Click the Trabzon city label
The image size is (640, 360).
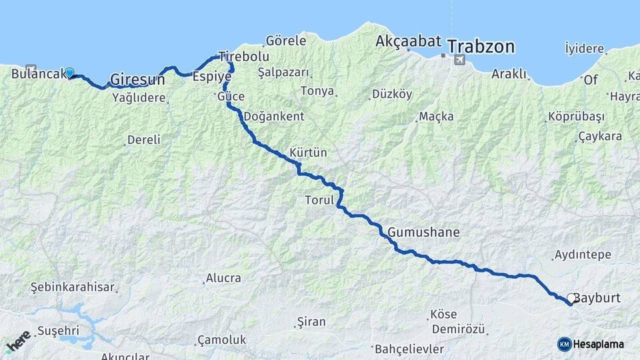coord(481,47)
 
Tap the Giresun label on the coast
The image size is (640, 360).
coord(137,79)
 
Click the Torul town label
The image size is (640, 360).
coord(319,200)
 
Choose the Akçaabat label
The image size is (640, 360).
coord(408,41)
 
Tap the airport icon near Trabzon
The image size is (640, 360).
coord(459,60)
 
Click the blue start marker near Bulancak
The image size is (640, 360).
coord(69,73)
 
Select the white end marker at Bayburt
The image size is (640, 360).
coord(571,299)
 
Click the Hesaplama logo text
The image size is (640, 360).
coord(599,344)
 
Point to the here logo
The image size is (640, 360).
coord(19,342)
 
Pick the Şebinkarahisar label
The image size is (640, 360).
coord(73,288)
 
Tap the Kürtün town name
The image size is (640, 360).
coord(309,153)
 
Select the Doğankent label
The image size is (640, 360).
coord(274,116)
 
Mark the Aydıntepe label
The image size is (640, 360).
coord(582,255)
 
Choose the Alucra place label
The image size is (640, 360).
coord(223,278)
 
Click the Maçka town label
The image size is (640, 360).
coord(436,117)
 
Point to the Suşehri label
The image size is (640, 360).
coord(58,330)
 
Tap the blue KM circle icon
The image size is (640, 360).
coord(564,344)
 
